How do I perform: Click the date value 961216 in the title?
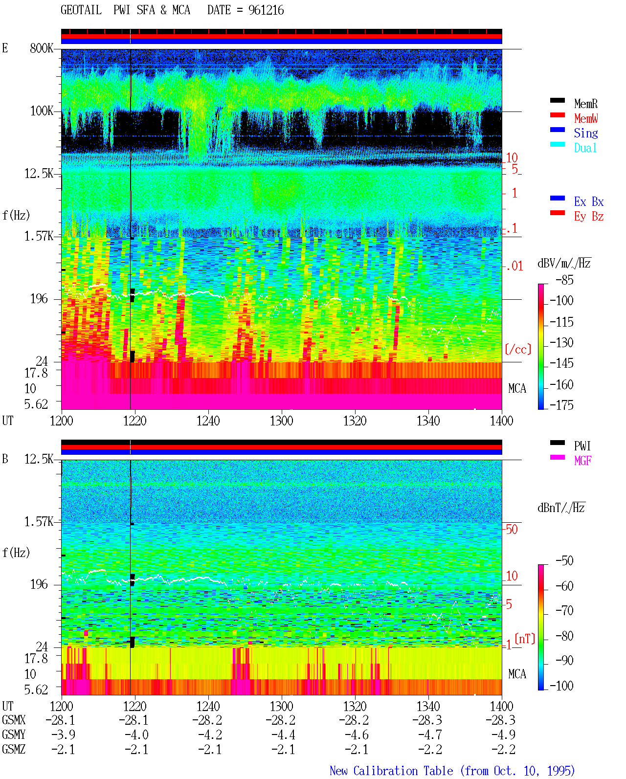click(266, 10)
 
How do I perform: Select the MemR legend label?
click(586, 104)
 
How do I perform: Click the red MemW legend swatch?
click(557, 115)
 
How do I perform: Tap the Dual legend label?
click(585, 148)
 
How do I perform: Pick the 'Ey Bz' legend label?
click(589, 216)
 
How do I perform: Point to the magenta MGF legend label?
click(582, 461)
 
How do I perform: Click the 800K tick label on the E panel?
click(42, 48)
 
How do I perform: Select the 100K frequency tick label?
click(42, 111)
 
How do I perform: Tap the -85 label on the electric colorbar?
click(564, 280)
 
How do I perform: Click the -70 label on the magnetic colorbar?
click(564, 610)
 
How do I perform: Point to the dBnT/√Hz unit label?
click(561, 508)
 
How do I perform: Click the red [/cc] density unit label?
click(518, 349)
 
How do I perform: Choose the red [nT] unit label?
click(525, 639)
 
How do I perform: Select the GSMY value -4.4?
click(283, 735)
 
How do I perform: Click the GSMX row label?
click(14, 720)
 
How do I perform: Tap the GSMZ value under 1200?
click(63, 749)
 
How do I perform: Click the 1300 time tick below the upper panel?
click(281, 421)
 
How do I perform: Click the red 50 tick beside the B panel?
click(511, 529)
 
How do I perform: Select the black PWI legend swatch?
click(557, 443)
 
